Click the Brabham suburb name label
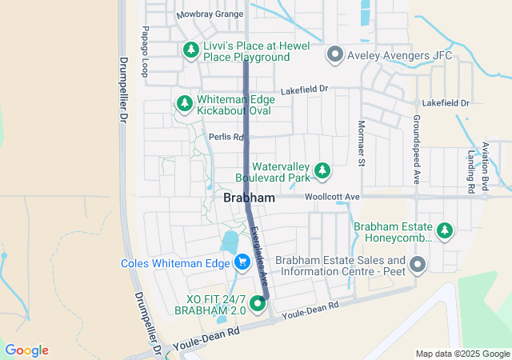(249, 198)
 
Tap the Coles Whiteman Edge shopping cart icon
(242, 262)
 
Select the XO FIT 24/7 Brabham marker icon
(258, 303)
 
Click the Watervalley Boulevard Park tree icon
(322, 170)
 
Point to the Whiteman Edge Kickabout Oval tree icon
(184, 103)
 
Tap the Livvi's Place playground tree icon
(190, 50)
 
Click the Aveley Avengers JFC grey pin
(335, 54)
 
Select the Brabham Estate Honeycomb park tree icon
(445, 231)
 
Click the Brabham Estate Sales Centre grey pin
(417, 264)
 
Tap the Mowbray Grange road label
(209, 15)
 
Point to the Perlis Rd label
(225, 137)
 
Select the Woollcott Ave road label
(332, 196)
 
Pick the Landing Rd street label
(471, 171)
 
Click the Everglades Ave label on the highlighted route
(258, 253)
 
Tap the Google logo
(26, 350)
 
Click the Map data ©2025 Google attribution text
(462, 354)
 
